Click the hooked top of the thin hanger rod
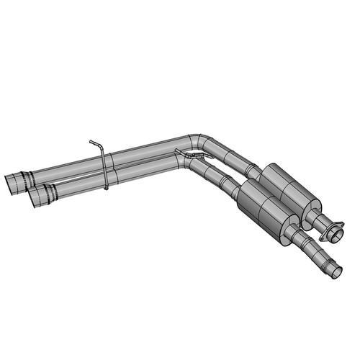click(93, 142)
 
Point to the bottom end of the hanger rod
click(106, 188)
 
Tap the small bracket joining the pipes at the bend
click(183, 151)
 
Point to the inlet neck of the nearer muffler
click(232, 186)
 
